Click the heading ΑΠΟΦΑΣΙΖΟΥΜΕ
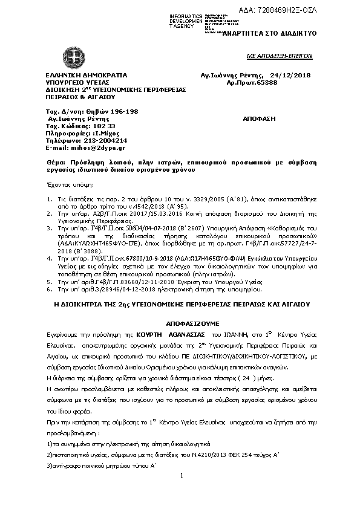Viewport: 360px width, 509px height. (182, 323)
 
